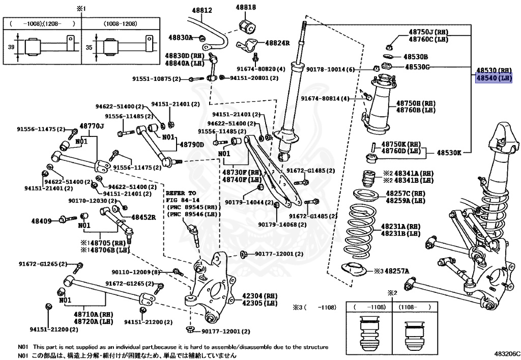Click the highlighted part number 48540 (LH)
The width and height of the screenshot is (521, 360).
(x=493, y=78)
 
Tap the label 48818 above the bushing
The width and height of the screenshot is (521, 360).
(x=246, y=7)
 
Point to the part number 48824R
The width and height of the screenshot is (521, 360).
(x=277, y=43)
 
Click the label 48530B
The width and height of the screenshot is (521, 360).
(x=416, y=57)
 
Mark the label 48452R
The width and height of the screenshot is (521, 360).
(x=143, y=217)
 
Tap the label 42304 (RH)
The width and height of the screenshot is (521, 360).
(x=259, y=295)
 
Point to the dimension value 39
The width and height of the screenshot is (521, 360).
(x=11, y=46)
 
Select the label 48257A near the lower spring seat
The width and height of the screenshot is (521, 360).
(x=396, y=271)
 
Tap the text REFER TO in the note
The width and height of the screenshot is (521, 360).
(x=181, y=193)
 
